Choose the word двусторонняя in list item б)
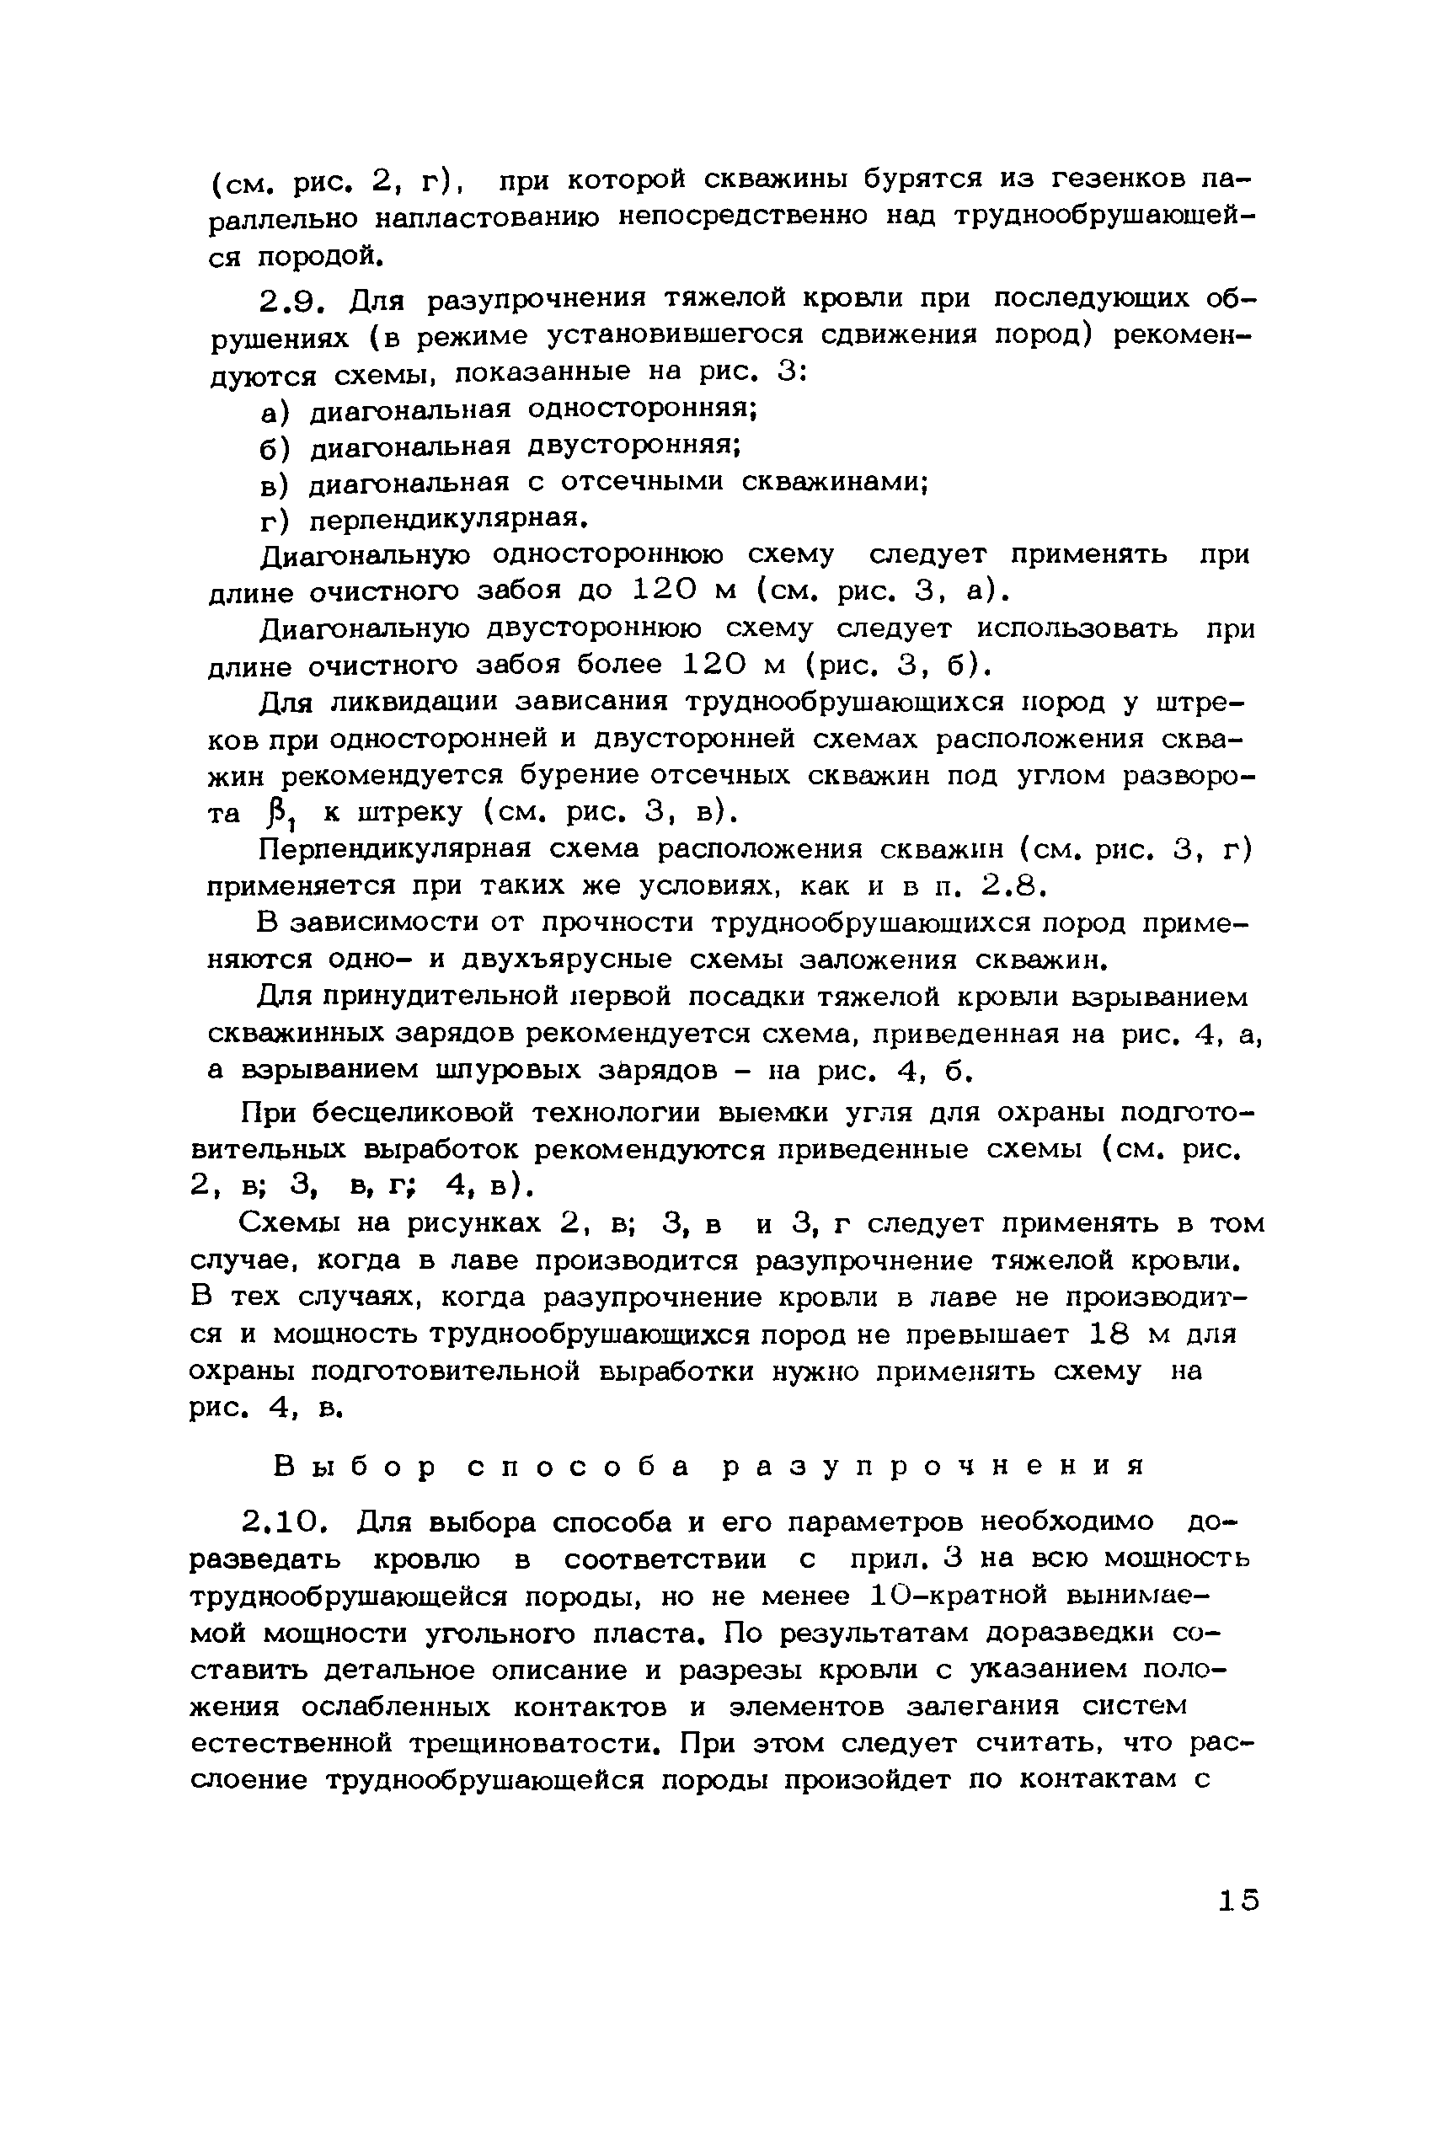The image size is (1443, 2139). (x=634, y=447)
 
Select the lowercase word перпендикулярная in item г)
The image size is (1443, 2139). (x=446, y=521)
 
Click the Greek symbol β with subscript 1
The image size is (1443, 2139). (x=273, y=815)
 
